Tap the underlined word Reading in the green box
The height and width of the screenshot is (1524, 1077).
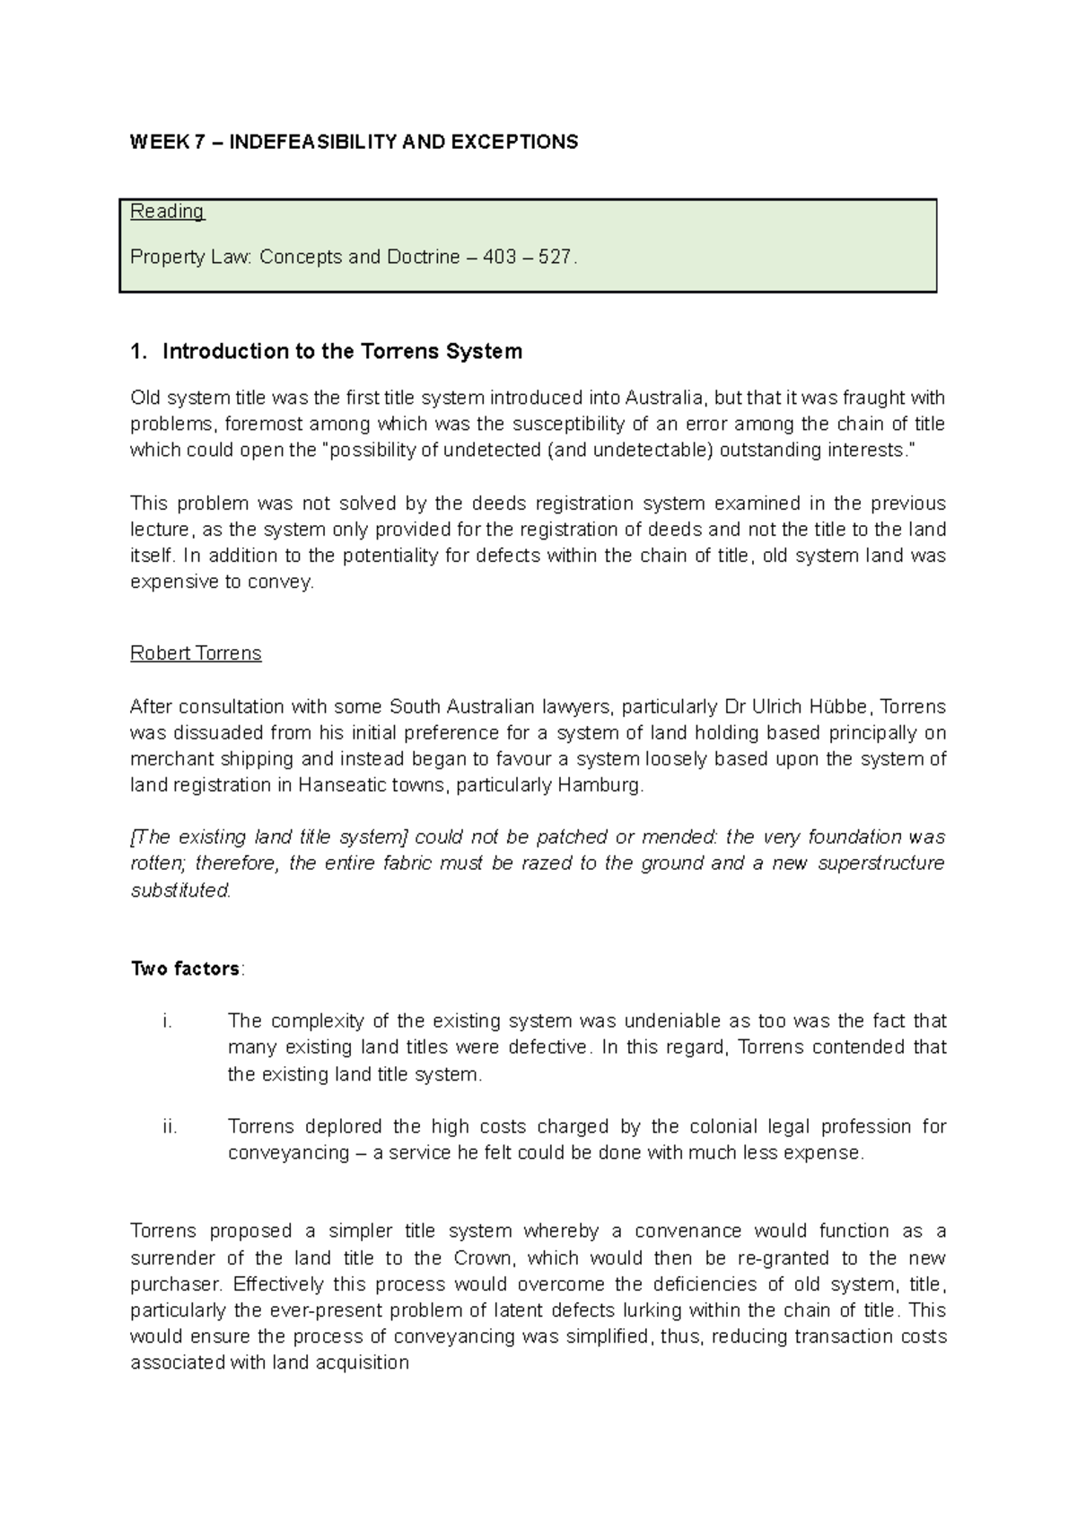coord(167,212)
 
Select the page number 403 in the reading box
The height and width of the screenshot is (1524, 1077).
coord(499,258)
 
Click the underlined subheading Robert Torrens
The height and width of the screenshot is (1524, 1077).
coord(196,653)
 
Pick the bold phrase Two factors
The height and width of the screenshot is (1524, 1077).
coord(185,969)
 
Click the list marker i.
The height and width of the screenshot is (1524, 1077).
coord(167,1021)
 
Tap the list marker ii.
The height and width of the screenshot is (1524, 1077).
coord(169,1126)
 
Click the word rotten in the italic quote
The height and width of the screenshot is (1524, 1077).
coord(156,863)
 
